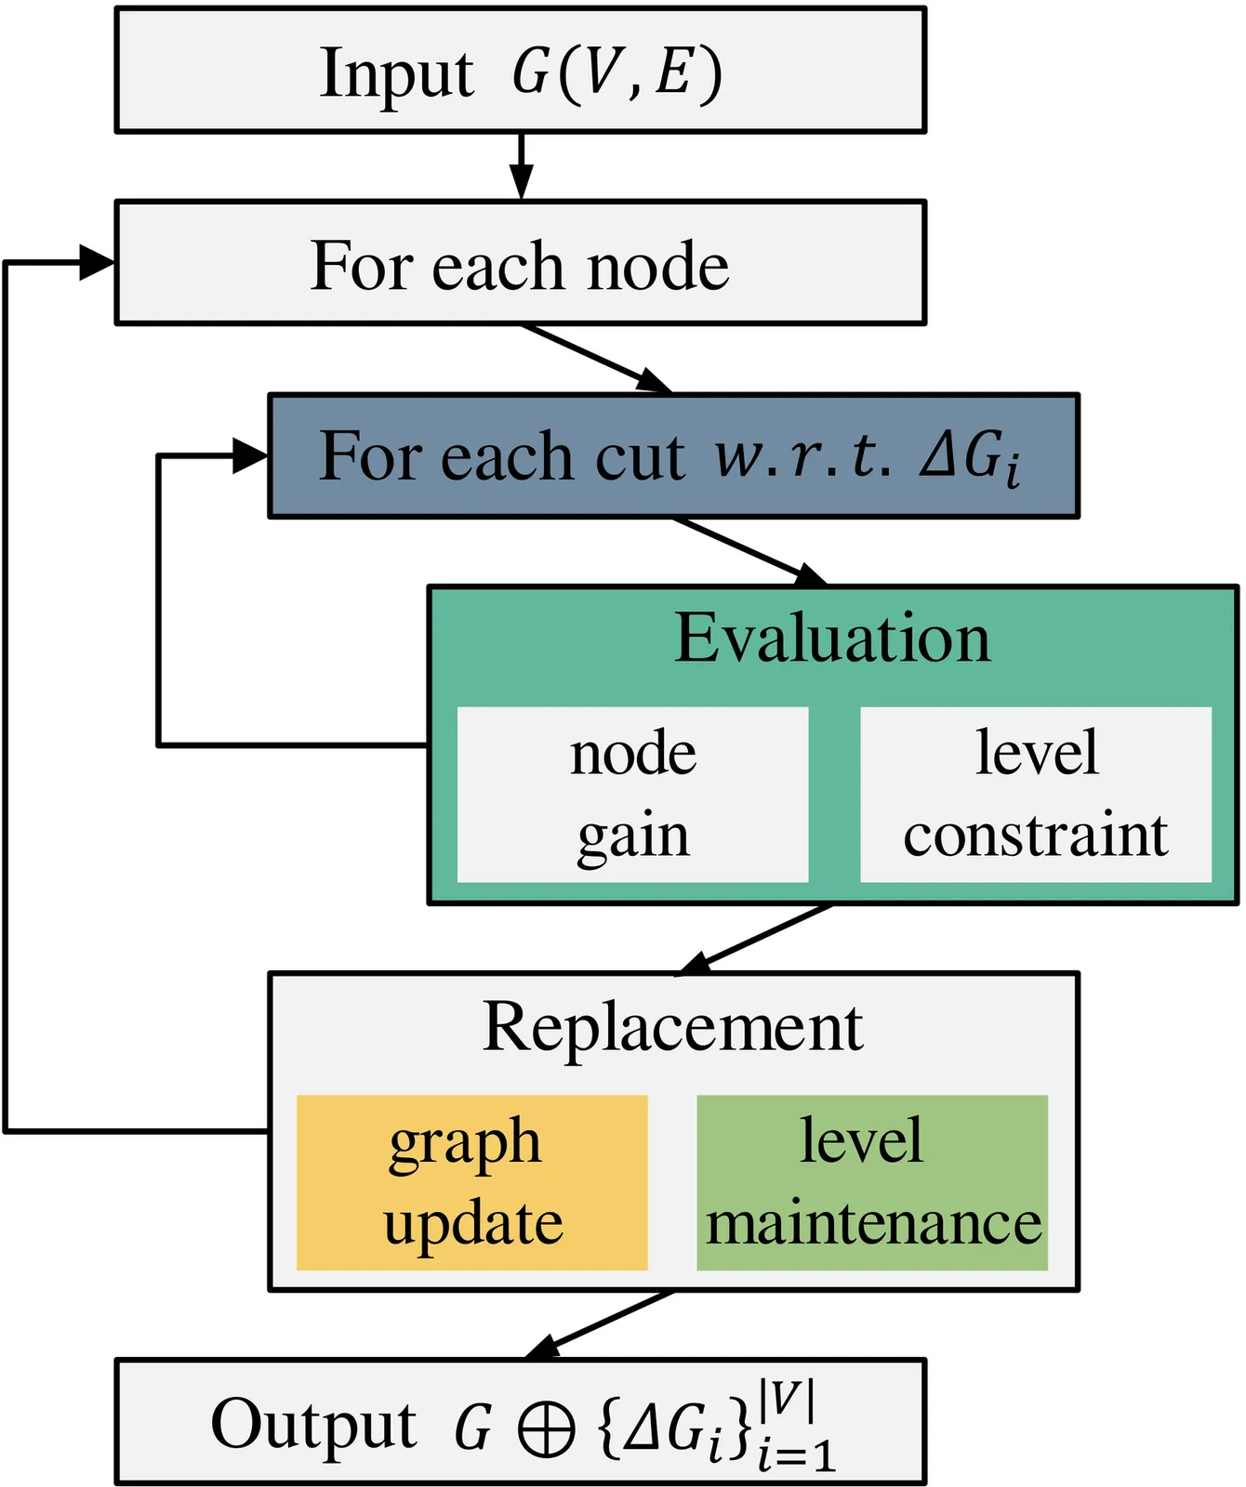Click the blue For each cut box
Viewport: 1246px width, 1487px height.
pos(673,455)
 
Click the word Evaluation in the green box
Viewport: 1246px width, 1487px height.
pos(832,638)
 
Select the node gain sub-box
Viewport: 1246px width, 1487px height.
pos(632,795)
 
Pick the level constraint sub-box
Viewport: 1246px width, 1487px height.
pos(1035,795)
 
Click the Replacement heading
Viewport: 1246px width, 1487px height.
pos(672,1028)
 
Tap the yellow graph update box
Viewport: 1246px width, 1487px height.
pos(471,1182)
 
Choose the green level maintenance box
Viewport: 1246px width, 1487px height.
pos(872,1182)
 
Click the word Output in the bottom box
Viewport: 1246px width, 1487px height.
pos(313,1424)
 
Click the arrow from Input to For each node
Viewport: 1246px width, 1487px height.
pos(522,167)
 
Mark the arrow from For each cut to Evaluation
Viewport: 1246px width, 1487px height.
pos(749,552)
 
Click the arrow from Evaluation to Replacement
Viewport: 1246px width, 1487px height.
pos(755,940)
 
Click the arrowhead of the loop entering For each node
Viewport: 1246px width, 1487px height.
pos(97,263)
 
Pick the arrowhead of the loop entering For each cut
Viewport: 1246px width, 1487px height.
pos(249,456)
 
